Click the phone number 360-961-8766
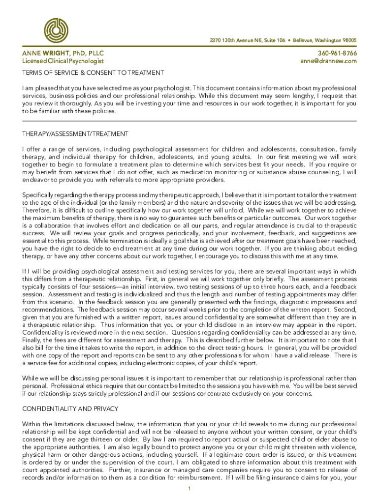337,53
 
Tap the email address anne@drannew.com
328,61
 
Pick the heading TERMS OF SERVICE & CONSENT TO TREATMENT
93,73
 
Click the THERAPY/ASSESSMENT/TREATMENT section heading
75,134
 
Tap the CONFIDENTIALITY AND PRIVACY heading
70,409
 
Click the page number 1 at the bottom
189,488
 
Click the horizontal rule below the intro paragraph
189,121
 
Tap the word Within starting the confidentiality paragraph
32,424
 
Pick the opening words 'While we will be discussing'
63,378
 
